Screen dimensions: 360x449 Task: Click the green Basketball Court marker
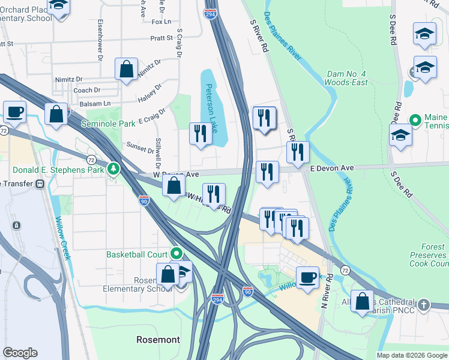point(176,254)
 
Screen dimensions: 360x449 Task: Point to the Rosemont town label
point(157,340)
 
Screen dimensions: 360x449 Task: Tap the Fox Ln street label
point(161,22)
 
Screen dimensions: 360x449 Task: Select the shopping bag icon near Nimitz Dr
point(127,69)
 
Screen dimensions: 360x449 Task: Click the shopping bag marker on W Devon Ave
point(173,186)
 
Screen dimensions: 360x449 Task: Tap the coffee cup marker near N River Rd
point(308,277)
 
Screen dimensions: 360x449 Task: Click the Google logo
point(20,353)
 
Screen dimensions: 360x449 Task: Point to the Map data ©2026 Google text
point(411,355)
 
